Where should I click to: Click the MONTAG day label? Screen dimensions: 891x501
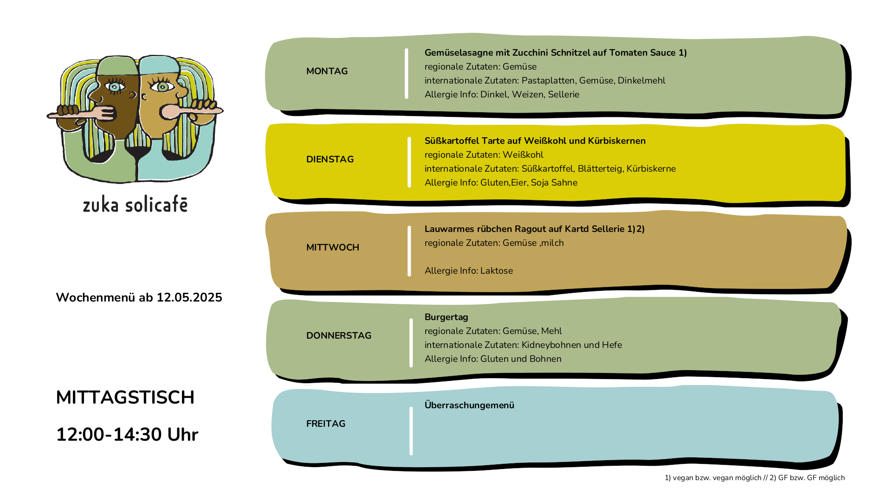[327, 71]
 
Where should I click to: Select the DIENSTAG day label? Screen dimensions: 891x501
[330, 159]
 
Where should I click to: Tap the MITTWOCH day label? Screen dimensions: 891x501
[333, 247]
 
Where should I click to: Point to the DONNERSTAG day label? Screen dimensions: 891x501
[339, 335]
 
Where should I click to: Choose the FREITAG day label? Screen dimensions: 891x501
[326, 424]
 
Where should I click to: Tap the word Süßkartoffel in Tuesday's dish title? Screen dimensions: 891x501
[452, 141]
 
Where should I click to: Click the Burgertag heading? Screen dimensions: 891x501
[446, 317]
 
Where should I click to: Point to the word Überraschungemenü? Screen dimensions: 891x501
[469, 405]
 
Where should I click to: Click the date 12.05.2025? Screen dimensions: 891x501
[189, 297]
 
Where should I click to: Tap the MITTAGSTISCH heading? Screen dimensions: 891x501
[125, 398]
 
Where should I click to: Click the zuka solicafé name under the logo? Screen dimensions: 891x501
[135, 205]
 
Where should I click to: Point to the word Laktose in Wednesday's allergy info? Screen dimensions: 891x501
[497, 270]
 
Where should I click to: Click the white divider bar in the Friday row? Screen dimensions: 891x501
[411, 431]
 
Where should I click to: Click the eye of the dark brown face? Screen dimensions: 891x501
[115, 86]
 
